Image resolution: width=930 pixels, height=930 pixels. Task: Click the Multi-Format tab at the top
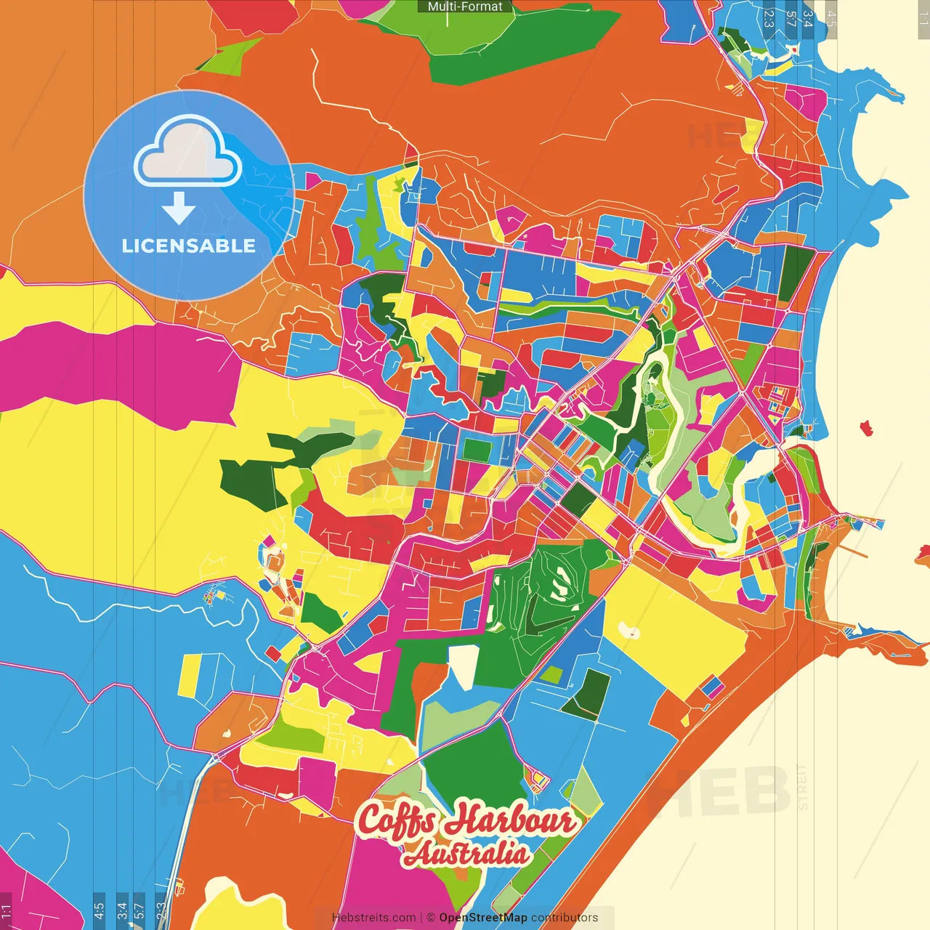click(465, 7)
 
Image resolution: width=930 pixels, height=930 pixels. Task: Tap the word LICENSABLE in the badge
click(189, 246)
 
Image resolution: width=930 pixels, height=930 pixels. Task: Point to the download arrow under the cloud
click(179, 208)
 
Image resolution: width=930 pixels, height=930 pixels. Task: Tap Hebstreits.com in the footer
click(373, 918)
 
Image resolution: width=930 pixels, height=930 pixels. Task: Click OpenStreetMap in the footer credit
click(482, 918)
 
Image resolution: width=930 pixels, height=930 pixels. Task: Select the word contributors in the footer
click(565, 918)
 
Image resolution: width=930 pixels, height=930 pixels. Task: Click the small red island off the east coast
click(866, 428)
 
